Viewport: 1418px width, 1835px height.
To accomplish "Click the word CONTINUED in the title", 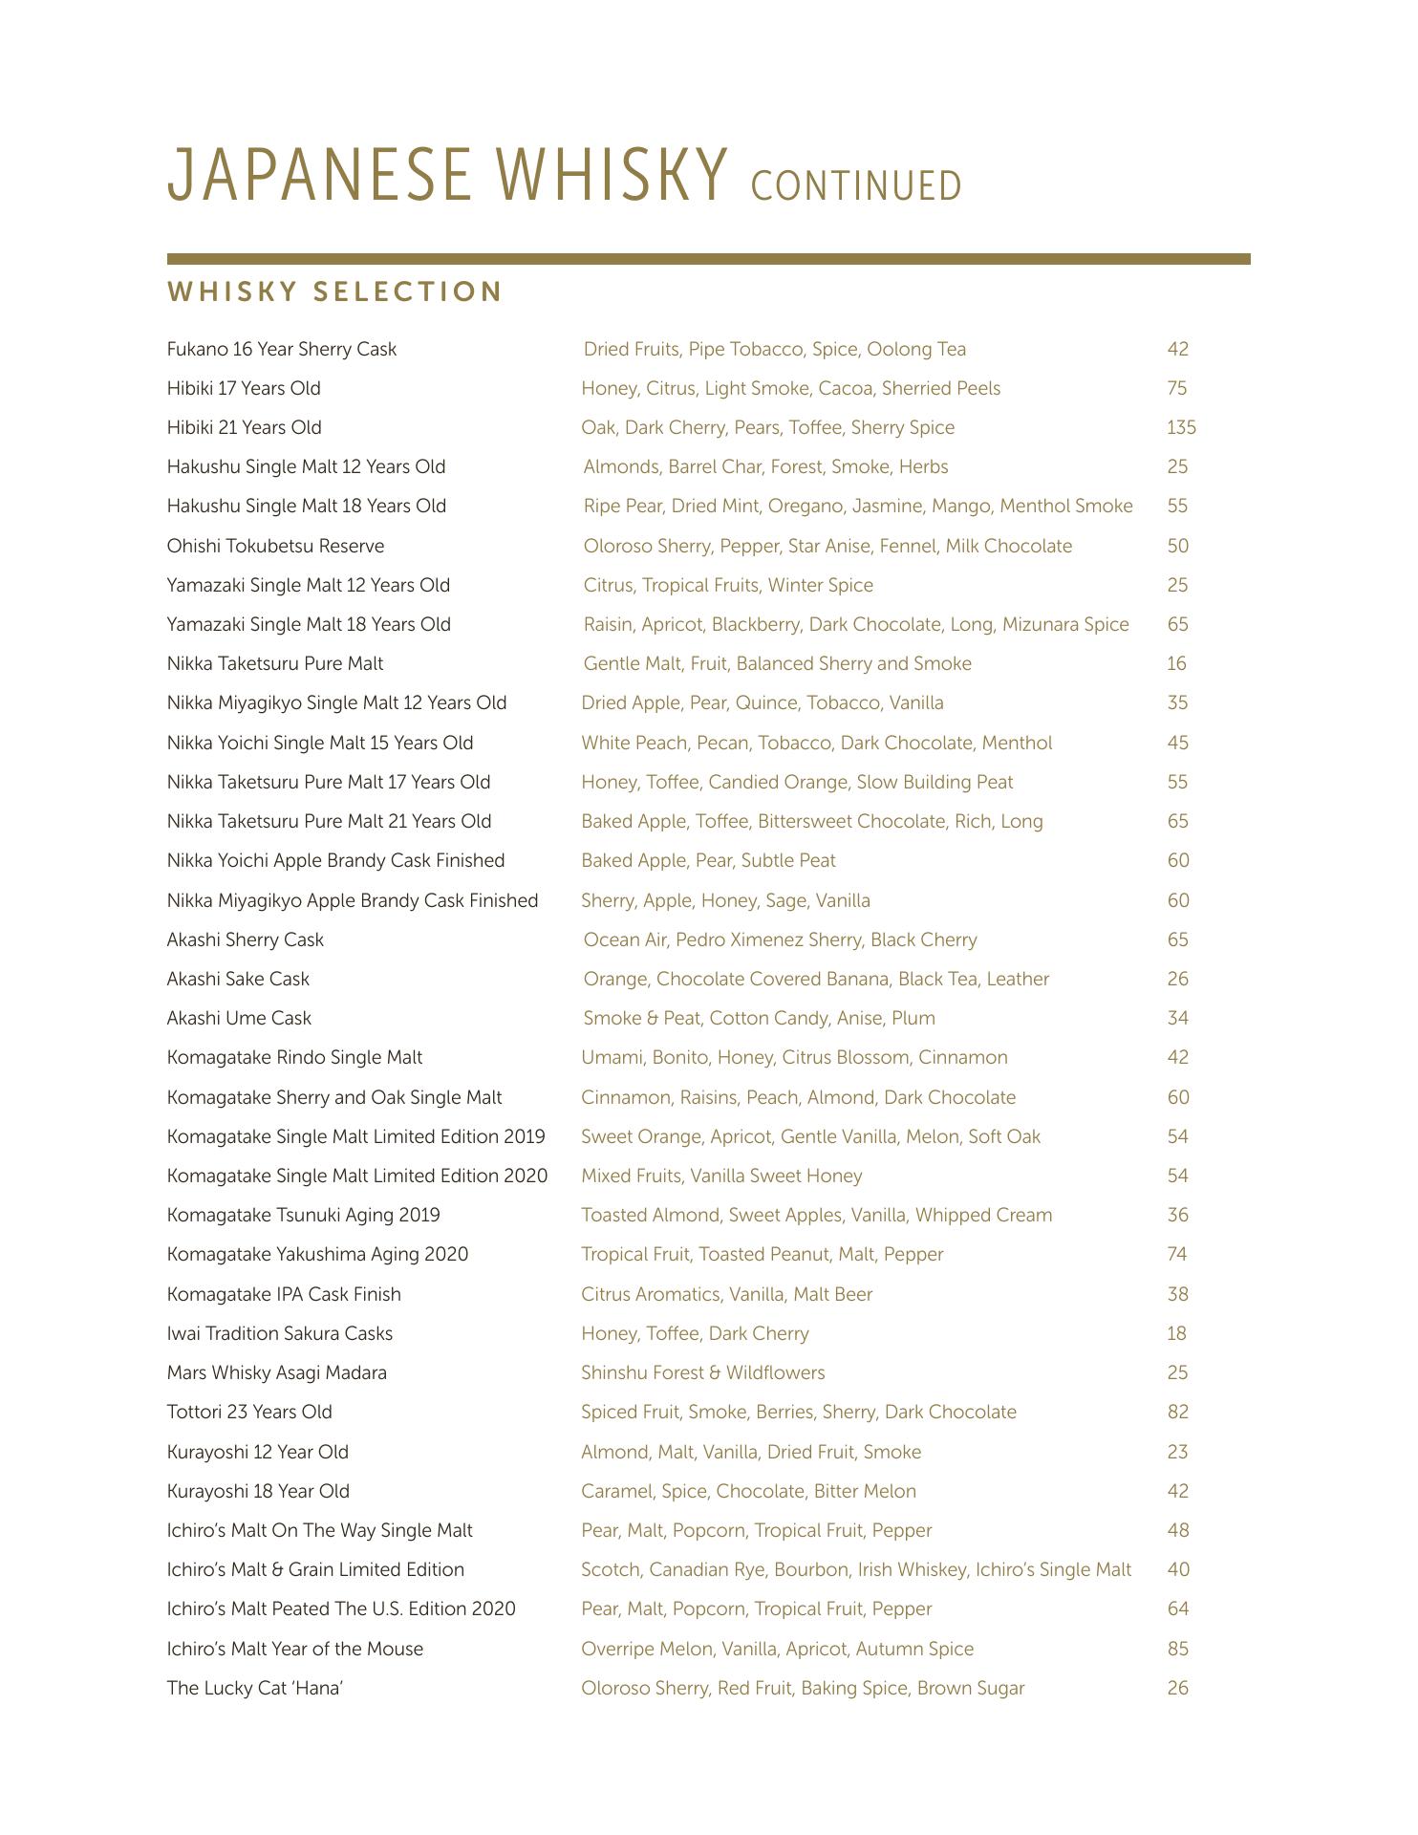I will (x=856, y=185).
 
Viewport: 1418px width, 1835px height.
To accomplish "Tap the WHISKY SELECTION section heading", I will (x=334, y=291).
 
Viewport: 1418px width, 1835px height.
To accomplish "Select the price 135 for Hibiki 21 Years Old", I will (x=1181, y=427).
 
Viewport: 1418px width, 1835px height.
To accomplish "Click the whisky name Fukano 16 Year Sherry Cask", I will (x=281, y=349).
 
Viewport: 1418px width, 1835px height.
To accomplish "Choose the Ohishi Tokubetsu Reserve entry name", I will (x=275, y=546).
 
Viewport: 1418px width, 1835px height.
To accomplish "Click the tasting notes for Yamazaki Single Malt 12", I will (x=728, y=585).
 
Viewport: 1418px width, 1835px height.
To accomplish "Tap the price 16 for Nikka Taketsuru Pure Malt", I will (x=1176, y=663).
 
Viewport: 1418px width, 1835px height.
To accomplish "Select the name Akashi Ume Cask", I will (x=239, y=1018).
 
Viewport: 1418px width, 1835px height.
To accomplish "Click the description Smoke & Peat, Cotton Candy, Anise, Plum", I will (x=759, y=1018).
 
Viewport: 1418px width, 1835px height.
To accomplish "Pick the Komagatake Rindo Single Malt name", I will (x=294, y=1057).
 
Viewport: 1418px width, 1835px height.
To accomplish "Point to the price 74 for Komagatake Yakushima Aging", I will (x=1176, y=1254).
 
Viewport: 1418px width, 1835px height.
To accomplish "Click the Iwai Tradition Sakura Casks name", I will (x=279, y=1333).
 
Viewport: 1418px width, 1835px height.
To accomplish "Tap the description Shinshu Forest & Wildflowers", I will (x=702, y=1372).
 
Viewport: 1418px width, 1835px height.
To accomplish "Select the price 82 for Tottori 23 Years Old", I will (x=1177, y=1412).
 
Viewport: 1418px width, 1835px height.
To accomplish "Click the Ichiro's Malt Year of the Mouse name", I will (x=294, y=1649).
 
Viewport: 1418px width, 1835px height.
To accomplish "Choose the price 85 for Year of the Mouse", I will (x=1177, y=1649).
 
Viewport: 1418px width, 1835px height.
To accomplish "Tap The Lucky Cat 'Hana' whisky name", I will (x=254, y=1688).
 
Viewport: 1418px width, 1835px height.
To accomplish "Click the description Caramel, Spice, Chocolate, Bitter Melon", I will (x=748, y=1491).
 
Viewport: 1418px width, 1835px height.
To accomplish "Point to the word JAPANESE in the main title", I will (x=319, y=176).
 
